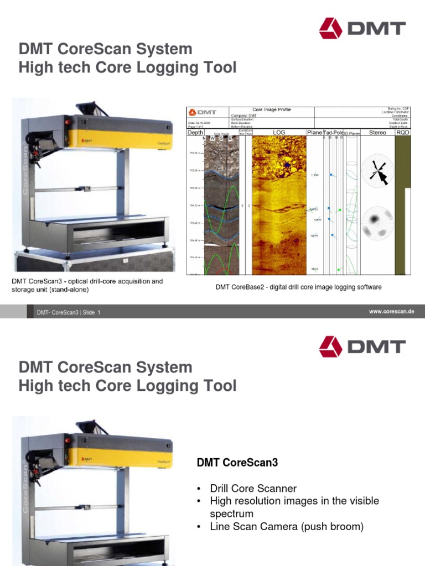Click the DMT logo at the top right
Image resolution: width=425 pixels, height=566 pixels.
click(362, 29)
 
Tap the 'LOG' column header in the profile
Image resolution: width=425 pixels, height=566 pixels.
click(279, 133)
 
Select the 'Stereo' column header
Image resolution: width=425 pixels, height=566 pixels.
click(377, 133)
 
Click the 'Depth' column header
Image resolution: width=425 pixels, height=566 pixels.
click(195, 133)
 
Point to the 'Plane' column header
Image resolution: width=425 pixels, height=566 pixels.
click(314, 133)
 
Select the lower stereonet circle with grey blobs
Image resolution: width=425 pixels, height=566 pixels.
click(377, 224)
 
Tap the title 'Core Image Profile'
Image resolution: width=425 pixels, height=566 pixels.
click(271, 110)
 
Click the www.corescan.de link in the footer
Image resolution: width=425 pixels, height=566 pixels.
click(392, 312)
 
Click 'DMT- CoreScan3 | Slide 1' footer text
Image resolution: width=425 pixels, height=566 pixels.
click(69, 313)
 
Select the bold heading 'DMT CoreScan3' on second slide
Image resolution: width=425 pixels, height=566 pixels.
click(237, 463)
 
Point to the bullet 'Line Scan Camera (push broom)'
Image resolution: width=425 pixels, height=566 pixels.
click(287, 527)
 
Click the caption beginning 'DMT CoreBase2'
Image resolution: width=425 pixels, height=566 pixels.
click(298, 287)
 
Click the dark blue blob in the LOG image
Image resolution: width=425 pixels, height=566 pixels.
click(287, 165)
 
